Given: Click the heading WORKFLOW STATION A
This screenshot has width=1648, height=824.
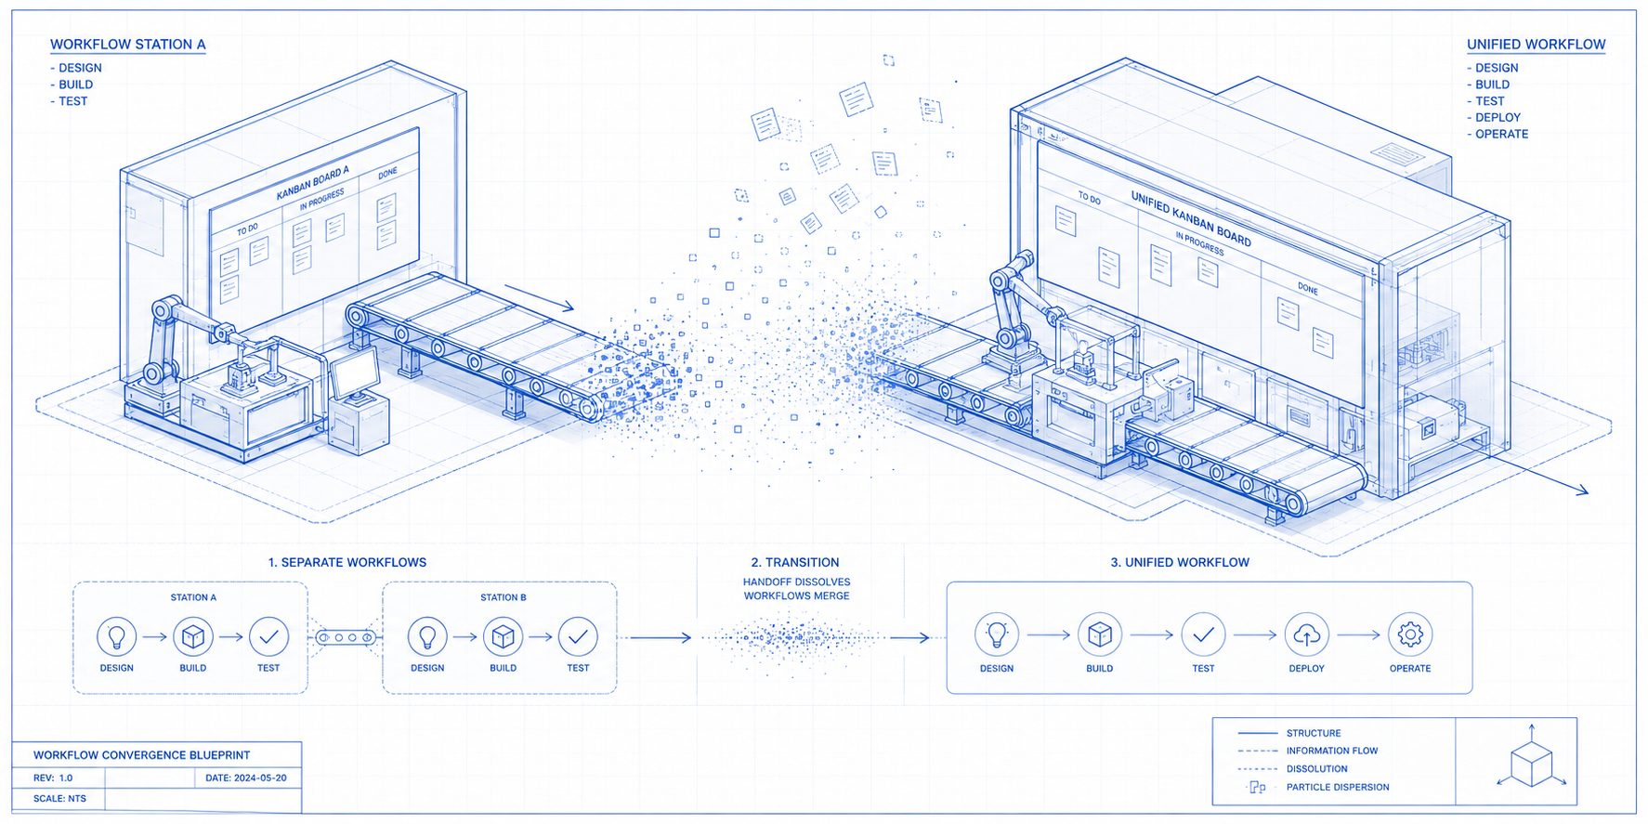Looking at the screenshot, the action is [128, 45].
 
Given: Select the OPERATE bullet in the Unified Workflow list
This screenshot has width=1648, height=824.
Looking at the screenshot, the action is [1498, 134].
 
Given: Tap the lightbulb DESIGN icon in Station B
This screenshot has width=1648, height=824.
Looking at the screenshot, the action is [427, 636].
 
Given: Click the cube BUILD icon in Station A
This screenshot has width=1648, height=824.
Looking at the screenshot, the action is [193, 636].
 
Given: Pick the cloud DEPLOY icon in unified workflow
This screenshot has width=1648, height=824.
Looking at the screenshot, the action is [1306, 634].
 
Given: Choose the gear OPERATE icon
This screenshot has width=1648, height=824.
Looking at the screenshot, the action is [1410, 634].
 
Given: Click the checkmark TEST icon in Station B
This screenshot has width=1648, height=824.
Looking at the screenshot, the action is [578, 636].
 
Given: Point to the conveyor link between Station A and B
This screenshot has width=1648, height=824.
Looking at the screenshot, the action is [346, 637].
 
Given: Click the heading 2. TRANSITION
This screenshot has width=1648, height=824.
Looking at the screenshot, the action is [795, 562].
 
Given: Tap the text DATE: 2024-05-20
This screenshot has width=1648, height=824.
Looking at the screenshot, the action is [246, 778].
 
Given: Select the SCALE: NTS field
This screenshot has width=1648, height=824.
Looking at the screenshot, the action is [59, 798].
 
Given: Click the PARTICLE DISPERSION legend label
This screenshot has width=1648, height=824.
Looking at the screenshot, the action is [1338, 787].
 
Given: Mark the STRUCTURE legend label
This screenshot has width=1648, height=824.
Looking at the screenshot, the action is [1314, 733].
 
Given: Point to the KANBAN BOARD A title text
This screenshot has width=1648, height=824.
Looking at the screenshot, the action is [313, 183].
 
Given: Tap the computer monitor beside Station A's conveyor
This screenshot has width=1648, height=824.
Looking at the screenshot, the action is [354, 373].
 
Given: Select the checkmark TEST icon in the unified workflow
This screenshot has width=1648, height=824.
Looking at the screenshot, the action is [1203, 634].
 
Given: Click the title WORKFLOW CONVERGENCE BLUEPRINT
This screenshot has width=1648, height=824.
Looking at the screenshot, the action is [141, 755].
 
